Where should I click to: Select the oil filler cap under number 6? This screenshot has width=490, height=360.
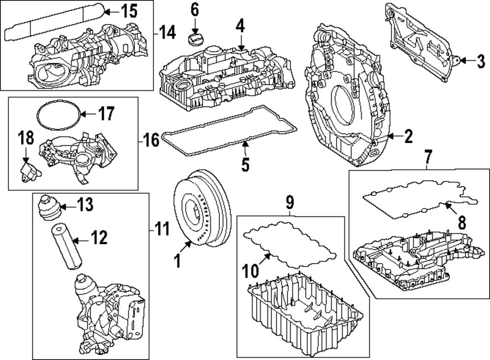pos(195,38)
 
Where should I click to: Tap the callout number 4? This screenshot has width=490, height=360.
pos(240,26)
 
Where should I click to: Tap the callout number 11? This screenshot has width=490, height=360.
pos(162,229)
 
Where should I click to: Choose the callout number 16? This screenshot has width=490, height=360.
pos(152,141)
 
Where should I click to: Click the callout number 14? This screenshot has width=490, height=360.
pos(167,33)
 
